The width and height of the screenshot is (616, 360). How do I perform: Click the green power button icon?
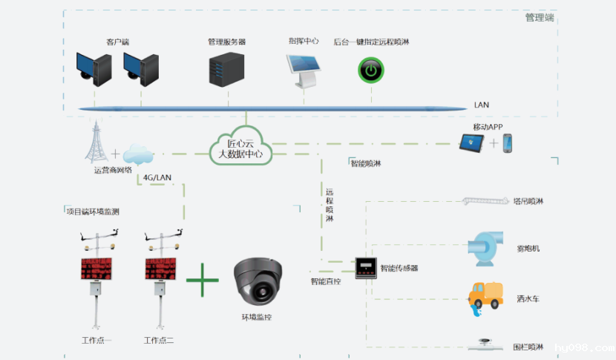tap(370, 71)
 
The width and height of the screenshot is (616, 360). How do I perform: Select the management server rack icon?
tap(226, 69)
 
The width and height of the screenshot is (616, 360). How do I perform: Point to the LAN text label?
tap(482, 105)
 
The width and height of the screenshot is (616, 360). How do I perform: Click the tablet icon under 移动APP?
tap(471, 143)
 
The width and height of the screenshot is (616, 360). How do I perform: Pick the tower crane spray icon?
tap(485, 200)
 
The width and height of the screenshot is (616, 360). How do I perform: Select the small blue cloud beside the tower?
tap(138, 155)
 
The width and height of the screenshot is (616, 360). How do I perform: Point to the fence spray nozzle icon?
tap(486, 344)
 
